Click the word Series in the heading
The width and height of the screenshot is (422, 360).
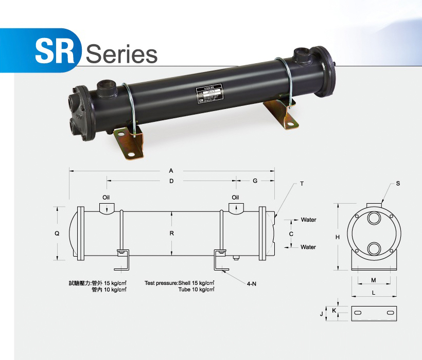pos(121,53)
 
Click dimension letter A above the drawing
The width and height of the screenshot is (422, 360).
pos(171,170)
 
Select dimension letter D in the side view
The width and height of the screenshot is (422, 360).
pos(171,181)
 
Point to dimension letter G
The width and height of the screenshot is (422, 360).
pos(255,181)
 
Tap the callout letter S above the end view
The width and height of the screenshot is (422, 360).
pos(398,184)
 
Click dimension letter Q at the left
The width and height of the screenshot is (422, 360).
pos(57,233)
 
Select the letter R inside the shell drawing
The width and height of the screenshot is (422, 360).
pos(171,233)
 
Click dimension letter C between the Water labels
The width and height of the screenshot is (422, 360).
pos(291,233)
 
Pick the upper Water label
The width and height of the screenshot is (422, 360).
pos(308,220)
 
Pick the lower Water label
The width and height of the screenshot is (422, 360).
pos(308,247)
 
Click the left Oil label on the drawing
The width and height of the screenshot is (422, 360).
pos(106,197)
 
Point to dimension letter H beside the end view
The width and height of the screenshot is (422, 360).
pos(338,237)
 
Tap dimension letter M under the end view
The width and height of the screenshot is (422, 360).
pos(373,281)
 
